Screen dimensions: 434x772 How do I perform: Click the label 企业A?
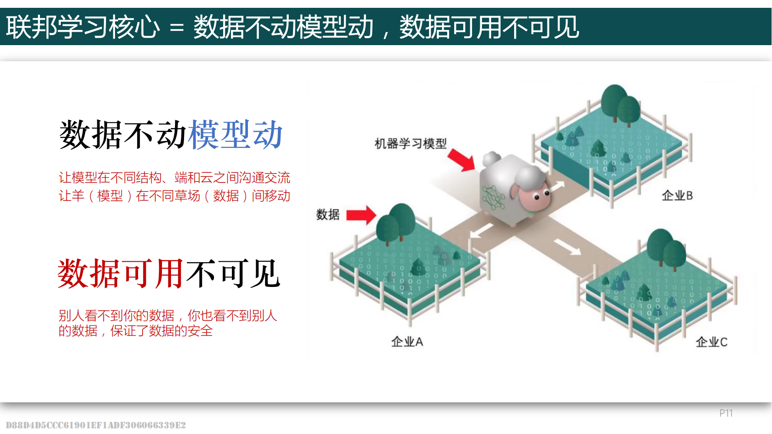[407, 342]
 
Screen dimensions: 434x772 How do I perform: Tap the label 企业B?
[677, 196]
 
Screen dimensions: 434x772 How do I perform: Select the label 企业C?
[711, 342]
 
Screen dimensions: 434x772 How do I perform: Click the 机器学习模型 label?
[410, 144]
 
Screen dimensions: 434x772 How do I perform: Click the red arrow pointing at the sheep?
[462, 160]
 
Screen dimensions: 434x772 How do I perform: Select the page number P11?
[726, 413]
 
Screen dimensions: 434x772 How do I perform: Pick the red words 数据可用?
[120, 273]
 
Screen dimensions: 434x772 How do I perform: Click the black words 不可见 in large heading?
[234, 273]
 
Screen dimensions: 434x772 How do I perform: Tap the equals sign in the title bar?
[177, 28]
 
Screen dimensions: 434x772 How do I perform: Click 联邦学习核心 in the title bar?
[82, 27]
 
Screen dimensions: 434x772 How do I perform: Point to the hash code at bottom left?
[96, 425]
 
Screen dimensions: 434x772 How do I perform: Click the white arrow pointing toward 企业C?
[567, 247]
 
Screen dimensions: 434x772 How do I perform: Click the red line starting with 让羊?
[174, 196]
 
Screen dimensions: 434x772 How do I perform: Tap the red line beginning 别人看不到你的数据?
[168, 316]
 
